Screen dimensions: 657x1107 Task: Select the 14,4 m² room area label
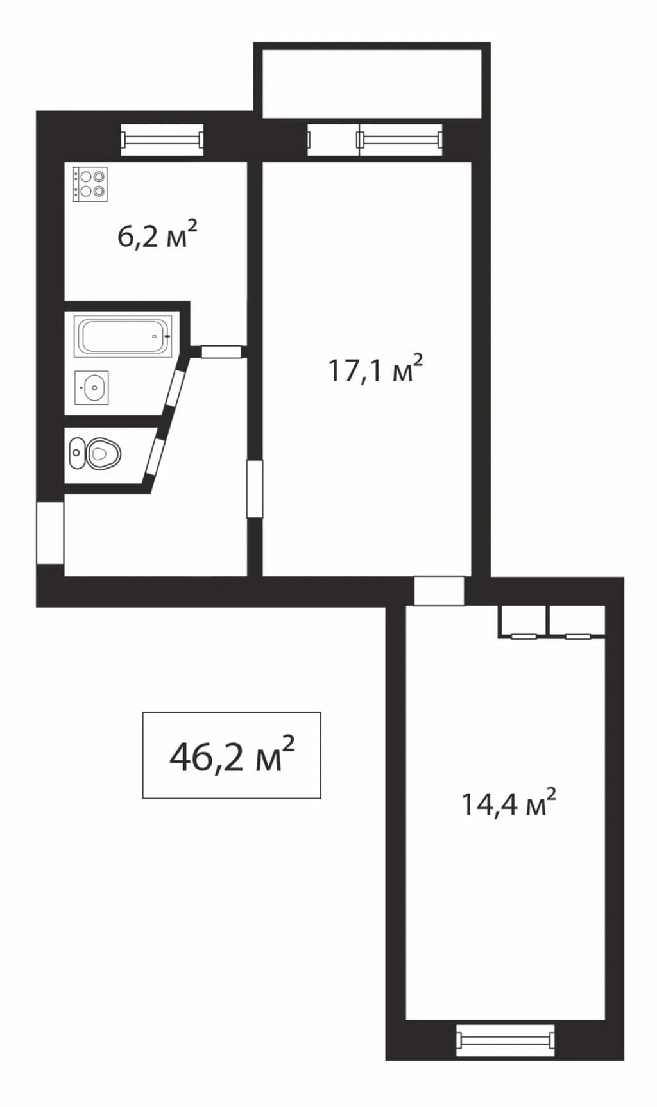(x=509, y=803)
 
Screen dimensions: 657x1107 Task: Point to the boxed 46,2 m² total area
(x=232, y=755)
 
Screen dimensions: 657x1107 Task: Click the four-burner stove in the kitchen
(x=90, y=184)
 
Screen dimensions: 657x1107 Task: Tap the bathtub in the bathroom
(x=123, y=336)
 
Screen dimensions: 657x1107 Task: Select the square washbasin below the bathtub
(x=92, y=388)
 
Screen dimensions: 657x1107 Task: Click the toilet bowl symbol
(x=95, y=454)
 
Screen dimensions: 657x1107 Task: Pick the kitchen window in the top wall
(x=162, y=140)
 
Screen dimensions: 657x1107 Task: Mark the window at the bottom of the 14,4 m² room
(x=506, y=1040)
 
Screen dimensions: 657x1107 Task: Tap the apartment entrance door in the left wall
(x=50, y=533)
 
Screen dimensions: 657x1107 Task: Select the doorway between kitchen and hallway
(x=221, y=351)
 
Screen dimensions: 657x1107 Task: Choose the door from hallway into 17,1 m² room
(x=255, y=488)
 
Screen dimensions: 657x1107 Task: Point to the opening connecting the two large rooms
(x=439, y=591)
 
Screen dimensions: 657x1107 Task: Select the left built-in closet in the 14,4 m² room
(x=523, y=621)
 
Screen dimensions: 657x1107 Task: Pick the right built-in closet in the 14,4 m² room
(x=577, y=621)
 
